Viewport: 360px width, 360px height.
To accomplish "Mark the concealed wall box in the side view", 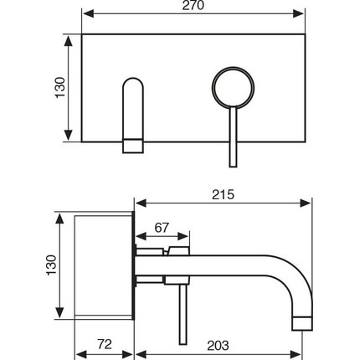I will (104, 265).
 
